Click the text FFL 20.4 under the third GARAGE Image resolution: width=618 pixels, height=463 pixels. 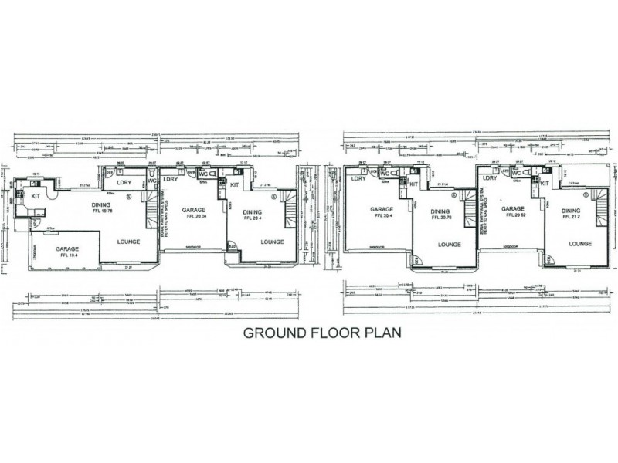(x=382, y=217)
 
